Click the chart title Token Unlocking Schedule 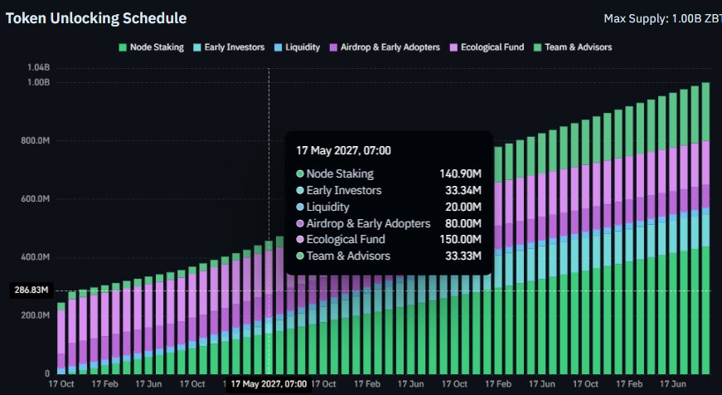point(96,18)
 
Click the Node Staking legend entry point(152,47)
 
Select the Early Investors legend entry point(230,47)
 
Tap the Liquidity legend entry point(297,47)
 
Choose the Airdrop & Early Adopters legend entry point(385,47)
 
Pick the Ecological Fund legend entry point(487,47)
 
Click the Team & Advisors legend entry point(573,47)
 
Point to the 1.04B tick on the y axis point(39,68)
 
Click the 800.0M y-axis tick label point(36,140)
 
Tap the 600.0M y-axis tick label point(36,198)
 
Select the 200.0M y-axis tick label point(36,315)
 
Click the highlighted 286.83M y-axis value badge point(31,290)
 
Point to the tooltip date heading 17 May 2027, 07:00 point(343,151)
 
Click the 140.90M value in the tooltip point(460,173)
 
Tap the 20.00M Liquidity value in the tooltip point(463,207)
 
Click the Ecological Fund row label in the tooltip point(346,239)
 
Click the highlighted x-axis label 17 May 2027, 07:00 point(269,384)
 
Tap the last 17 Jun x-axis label point(673,384)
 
